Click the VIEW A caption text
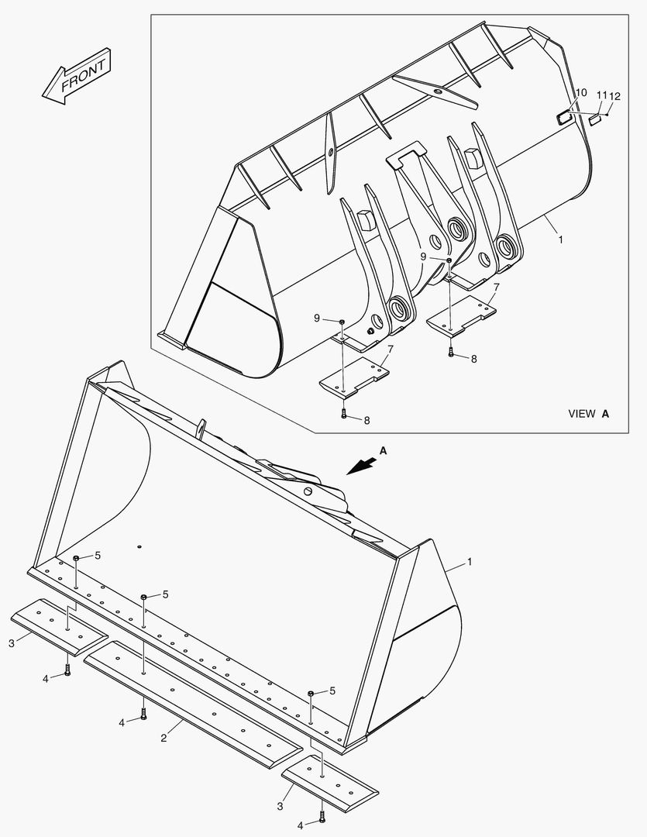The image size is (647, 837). pos(588,414)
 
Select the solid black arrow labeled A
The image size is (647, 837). pos(363,464)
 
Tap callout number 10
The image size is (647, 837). pos(581,93)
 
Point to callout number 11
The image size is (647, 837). pos(601,95)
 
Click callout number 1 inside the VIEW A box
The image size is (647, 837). pos(560,240)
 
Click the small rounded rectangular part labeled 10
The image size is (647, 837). pos(563,117)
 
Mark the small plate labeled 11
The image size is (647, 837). pos(595,119)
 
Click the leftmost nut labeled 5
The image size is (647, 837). pos(77,558)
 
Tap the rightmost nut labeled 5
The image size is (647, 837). pos(311,692)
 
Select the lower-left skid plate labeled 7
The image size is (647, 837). pos(353,379)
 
